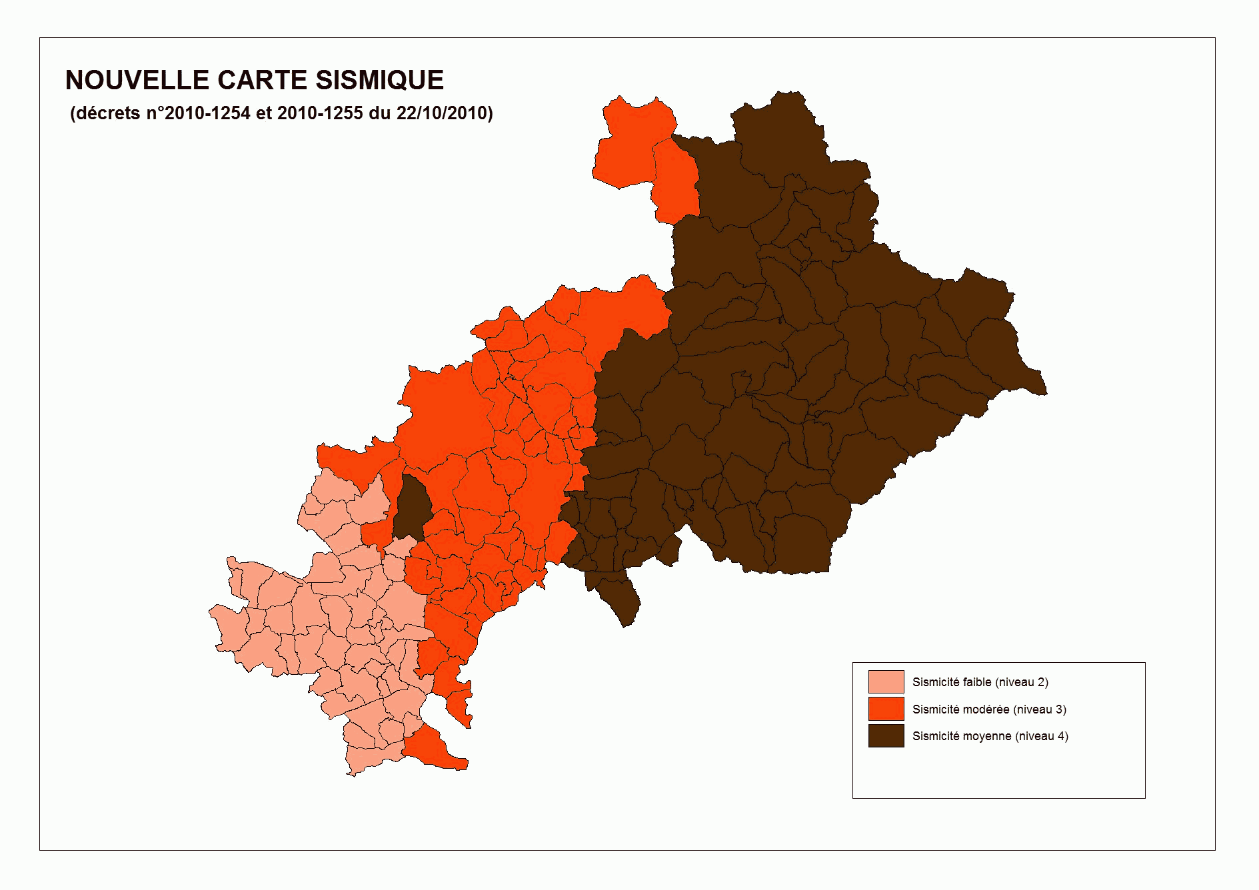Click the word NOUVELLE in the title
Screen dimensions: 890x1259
pyautogui.click(x=137, y=81)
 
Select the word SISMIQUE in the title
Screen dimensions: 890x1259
pyautogui.click(x=379, y=81)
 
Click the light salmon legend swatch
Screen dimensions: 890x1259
pyautogui.click(x=886, y=682)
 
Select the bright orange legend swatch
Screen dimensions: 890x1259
pyautogui.click(x=886, y=709)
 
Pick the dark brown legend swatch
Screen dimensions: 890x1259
pyautogui.click(x=886, y=735)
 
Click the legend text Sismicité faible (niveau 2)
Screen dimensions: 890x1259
pyautogui.click(x=980, y=682)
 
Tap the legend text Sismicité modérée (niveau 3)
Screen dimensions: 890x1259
pyautogui.click(x=989, y=709)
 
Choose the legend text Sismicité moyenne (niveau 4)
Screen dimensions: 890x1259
pyautogui.click(x=990, y=736)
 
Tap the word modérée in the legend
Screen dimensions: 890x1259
pyautogui.click(x=987, y=709)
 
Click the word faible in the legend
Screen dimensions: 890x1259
pyautogui.click(x=975, y=682)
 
